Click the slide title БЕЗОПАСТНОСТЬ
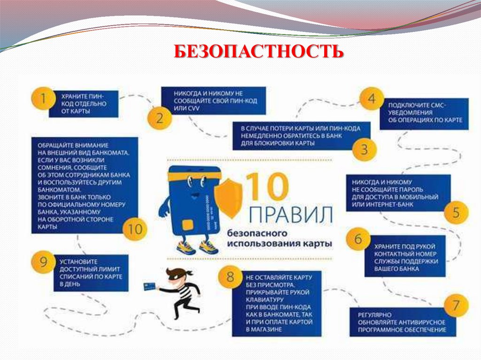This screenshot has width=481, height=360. click(258, 52)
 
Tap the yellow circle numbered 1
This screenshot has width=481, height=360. click(43, 100)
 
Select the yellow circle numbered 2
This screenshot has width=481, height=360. click(160, 117)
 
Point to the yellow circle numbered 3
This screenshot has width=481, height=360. click(364, 150)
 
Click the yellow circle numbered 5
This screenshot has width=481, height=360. click(456, 213)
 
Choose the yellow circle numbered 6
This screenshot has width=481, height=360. click(358, 239)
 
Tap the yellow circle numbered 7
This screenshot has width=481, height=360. click(455, 306)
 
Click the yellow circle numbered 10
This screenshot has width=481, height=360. click(135, 229)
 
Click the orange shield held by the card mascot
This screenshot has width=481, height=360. click(227, 197)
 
